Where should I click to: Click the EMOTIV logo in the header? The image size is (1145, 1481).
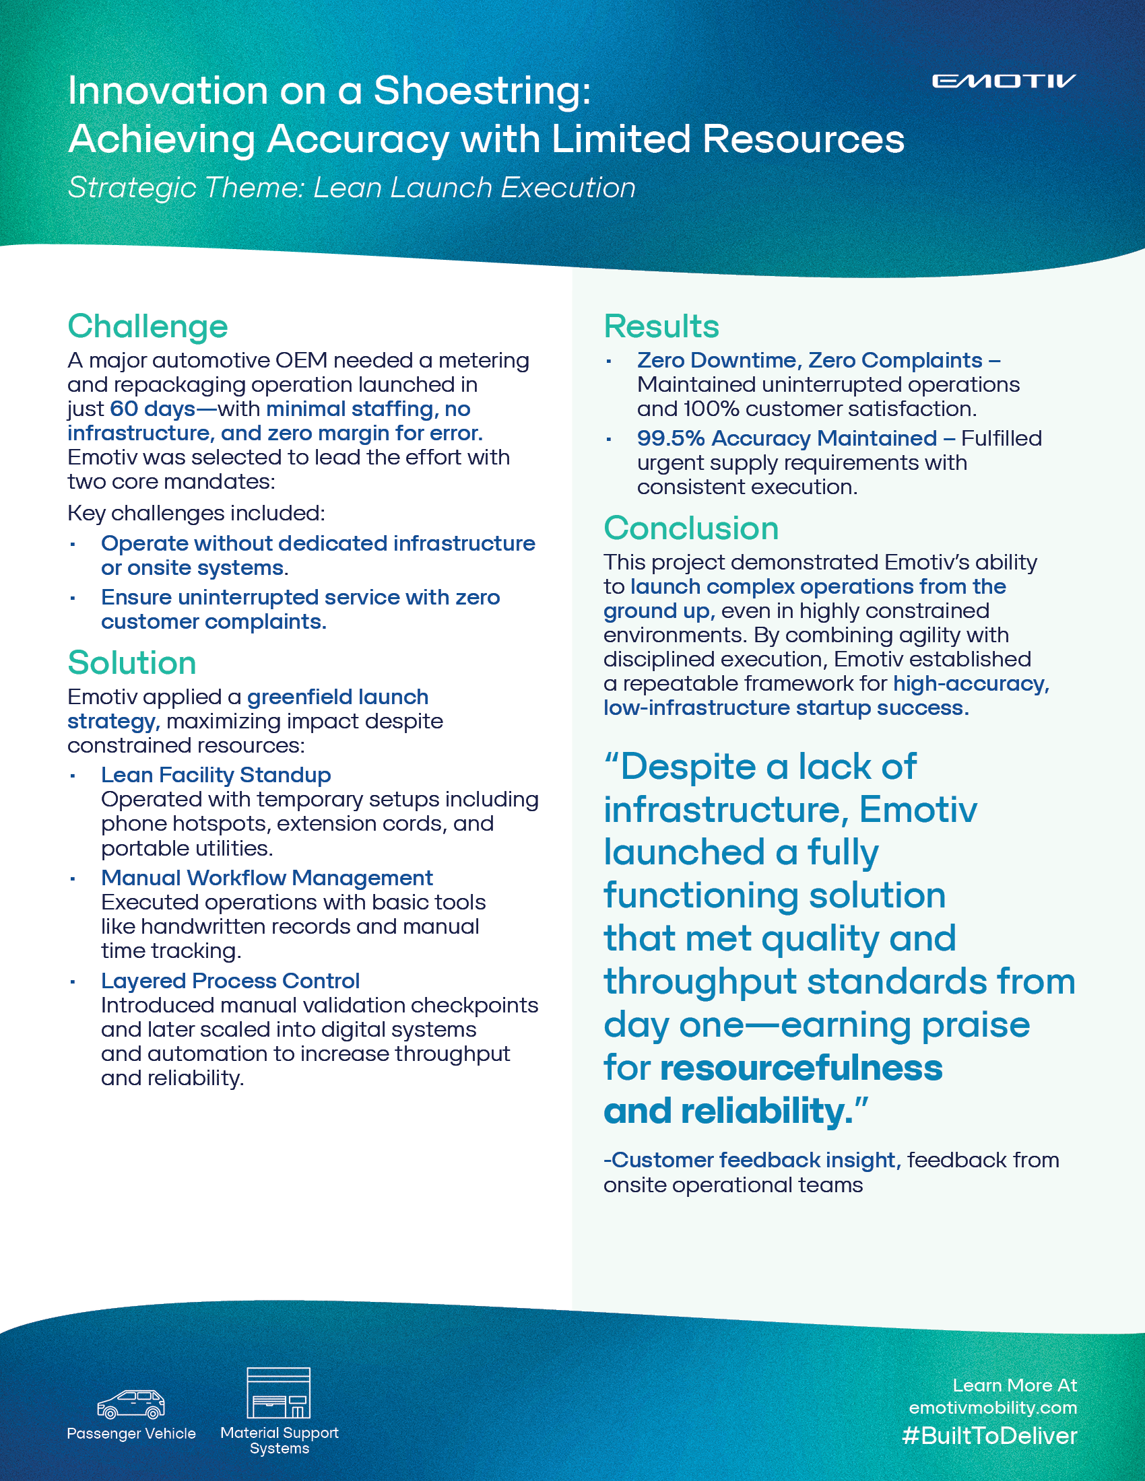tap(1004, 81)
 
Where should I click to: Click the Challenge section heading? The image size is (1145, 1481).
tap(148, 326)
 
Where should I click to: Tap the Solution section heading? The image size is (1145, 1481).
tap(131, 662)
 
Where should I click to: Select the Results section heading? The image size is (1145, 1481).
tap(661, 326)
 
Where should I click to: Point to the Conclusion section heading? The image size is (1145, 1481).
tap(690, 528)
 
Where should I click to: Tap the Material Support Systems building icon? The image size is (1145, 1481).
tap(278, 1393)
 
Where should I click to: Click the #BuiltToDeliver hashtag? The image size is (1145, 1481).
tap(989, 1437)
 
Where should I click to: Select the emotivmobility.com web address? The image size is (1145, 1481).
tap(992, 1408)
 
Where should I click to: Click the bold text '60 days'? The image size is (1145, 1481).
tap(153, 409)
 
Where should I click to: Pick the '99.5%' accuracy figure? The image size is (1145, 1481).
tap(670, 439)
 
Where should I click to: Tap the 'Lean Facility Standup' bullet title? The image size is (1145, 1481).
tap(216, 775)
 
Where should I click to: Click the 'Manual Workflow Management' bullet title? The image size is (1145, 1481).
tap(267, 878)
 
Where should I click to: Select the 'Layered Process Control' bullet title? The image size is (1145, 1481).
tap(230, 981)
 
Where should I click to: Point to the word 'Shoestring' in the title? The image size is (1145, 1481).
tap(481, 92)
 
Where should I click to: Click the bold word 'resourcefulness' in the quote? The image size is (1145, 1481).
tap(800, 1068)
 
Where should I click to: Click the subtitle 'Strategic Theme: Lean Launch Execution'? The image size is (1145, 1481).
tap(352, 188)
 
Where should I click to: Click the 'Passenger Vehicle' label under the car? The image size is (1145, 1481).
tap(131, 1433)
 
